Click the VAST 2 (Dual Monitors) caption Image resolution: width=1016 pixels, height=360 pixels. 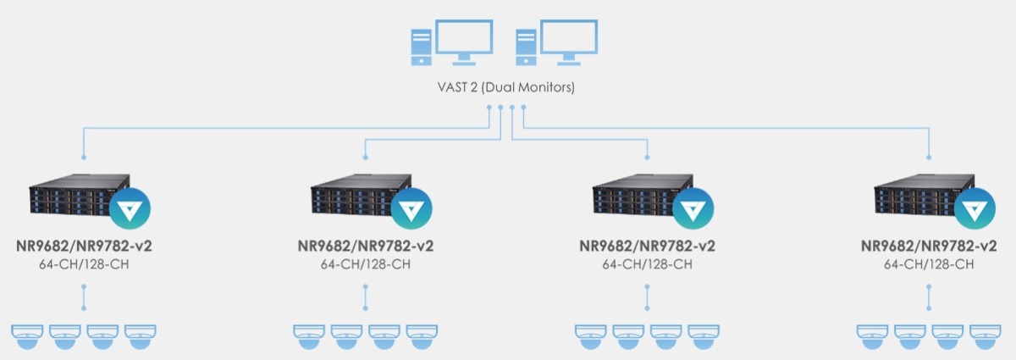click(x=506, y=86)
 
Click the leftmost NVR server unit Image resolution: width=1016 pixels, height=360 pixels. click(x=76, y=200)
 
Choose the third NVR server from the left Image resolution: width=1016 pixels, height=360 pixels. click(x=640, y=200)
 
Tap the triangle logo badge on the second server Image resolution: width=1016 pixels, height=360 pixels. click(x=411, y=208)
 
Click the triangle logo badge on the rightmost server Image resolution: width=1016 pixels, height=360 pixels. click(x=975, y=208)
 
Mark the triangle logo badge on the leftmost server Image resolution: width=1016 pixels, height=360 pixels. click(x=130, y=208)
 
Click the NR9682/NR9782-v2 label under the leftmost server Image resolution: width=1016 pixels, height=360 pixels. click(x=84, y=247)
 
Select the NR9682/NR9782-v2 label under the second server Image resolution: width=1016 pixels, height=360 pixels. click(x=366, y=247)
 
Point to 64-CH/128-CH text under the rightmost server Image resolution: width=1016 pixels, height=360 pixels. click(x=929, y=264)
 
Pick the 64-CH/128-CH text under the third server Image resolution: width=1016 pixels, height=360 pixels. click(x=647, y=264)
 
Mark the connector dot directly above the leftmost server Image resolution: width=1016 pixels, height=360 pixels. click(x=84, y=158)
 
